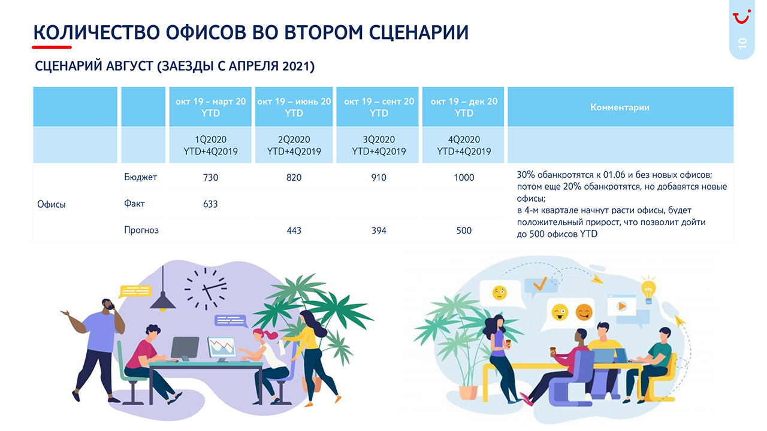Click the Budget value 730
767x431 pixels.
[210, 178]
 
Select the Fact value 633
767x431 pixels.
[210, 204]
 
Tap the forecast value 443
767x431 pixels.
[294, 230]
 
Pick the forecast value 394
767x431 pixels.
[379, 230]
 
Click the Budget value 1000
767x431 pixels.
[464, 178]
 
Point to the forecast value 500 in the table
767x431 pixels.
[464, 230]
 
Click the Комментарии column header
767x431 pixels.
[620, 107]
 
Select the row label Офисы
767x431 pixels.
[52, 205]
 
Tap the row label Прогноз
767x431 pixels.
[141, 230]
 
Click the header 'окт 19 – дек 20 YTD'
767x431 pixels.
[464, 107]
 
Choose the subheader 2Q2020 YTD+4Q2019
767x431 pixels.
[294, 145]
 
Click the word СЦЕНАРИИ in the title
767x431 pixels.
[418, 33]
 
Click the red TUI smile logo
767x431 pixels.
[742, 16]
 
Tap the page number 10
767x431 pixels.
[742, 44]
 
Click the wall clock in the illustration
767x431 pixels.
[206, 289]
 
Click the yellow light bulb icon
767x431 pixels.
[648, 291]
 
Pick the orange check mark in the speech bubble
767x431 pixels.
[540, 284]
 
